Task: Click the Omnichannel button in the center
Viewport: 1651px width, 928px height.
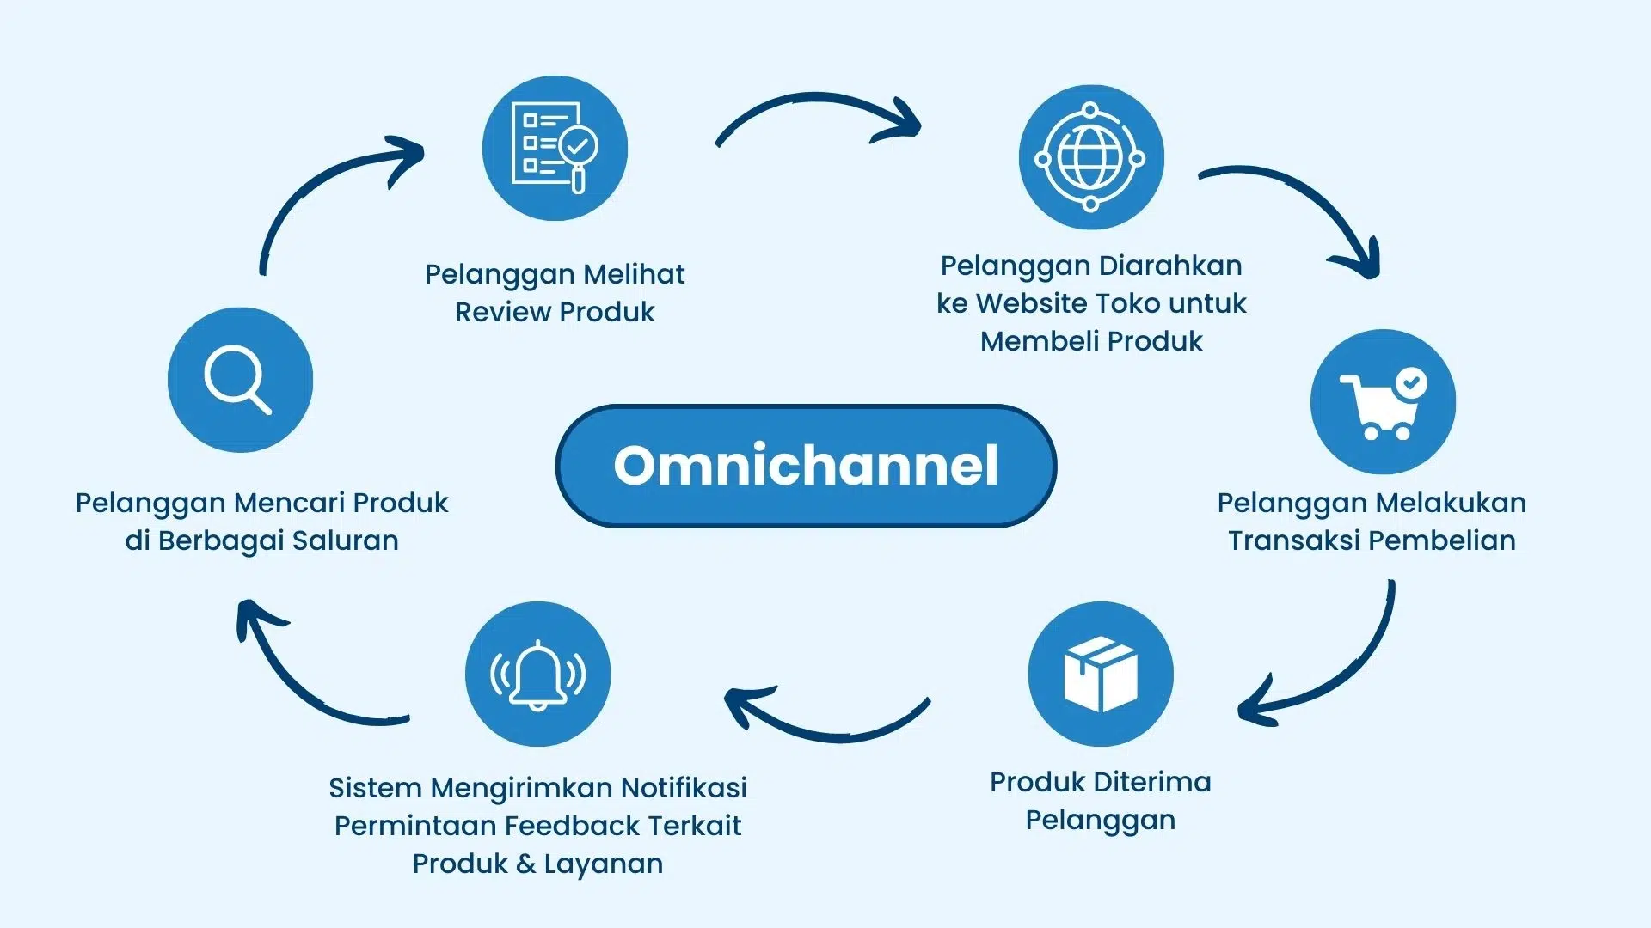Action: (x=806, y=466)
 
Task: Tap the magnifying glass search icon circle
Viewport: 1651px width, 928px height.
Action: (x=240, y=380)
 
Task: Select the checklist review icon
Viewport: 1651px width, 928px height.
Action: (x=555, y=148)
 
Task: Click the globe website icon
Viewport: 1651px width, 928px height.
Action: (x=1091, y=157)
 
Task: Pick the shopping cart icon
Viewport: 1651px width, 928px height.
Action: (x=1383, y=401)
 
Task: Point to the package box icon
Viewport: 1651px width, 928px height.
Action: (x=1101, y=674)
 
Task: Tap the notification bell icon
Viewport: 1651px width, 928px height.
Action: (x=537, y=674)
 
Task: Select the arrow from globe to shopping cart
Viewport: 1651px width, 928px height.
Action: (x=1307, y=202)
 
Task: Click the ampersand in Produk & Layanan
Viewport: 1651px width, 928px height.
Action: (x=526, y=864)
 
